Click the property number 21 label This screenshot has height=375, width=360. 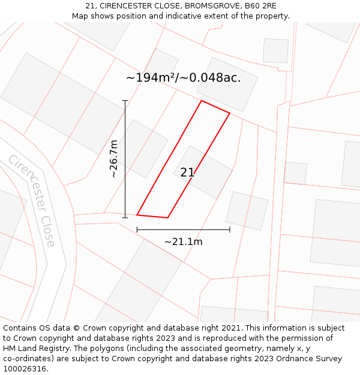pyautogui.click(x=187, y=172)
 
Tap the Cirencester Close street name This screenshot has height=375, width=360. pyautogui.click(x=32, y=200)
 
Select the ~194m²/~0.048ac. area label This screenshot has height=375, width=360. pyautogui.click(x=183, y=77)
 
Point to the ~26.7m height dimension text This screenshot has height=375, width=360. pyautogui.click(x=113, y=159)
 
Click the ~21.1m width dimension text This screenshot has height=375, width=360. pyautogui.click(x=183, y=242)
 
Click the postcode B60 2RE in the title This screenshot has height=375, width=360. pyautogui.click(x=260, y=5)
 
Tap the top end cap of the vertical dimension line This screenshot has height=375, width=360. pyautogui.click(x=125, y=100)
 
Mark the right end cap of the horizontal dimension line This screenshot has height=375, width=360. pyautogui.click(x=230, y=229)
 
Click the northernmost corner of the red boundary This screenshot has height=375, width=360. pyautogui.click(x=201, y=101)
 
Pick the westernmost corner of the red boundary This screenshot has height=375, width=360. pyautogui.click(x=137, y=214)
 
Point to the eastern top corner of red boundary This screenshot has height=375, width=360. pyautogui.click(x=230, y=113)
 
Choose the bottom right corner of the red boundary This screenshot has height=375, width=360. pyautogui.click(x=167, y=218)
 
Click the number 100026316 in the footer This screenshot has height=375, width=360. pyautogui.click(x=23, y=369)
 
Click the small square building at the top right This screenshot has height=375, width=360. pyautogui.click(x=275, y=50)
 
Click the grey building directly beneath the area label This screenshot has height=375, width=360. pyautogui.click(x=227, y=85)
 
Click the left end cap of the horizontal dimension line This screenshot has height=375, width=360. pyautogui.click(x=137, y=229)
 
